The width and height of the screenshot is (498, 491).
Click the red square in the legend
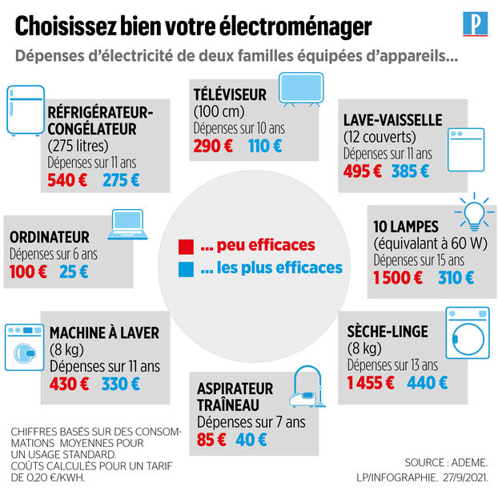[186, 245]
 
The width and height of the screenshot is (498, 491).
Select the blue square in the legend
[186, 268]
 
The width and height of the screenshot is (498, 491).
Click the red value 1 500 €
[398, 278]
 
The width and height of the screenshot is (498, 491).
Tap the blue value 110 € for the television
[265, 147]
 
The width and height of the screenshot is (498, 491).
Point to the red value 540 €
[67, 180]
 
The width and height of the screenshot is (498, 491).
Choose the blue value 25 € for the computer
[73, 272]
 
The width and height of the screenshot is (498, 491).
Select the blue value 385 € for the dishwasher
[410, 171]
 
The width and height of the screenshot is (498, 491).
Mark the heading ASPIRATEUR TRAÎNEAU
[235, 396]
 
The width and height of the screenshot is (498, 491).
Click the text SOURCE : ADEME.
[445, 463]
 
